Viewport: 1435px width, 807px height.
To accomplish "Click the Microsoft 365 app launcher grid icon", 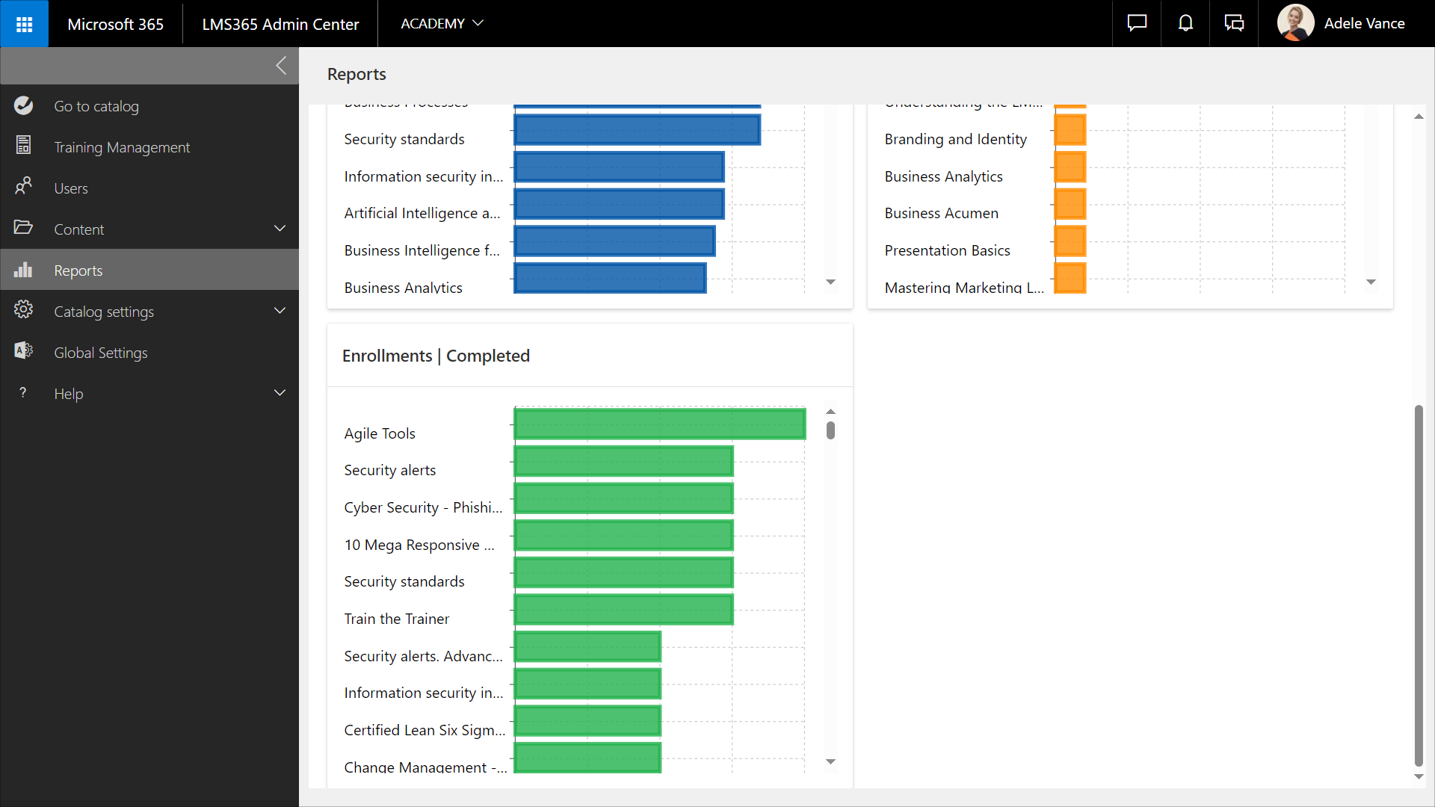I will tap(24, 24).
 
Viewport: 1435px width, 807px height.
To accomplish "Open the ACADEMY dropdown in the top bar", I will tap(442, 24).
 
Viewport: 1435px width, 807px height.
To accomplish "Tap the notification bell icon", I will tap(1185, 24).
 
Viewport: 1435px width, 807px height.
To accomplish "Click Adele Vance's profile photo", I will tap(1295, 23).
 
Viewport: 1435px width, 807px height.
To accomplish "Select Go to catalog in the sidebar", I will tap(96, 106).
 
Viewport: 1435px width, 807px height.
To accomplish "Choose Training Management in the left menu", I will tap(122, 147).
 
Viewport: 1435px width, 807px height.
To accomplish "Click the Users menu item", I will tap(71, 188).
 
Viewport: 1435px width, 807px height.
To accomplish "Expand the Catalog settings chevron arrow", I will tap(280, 311).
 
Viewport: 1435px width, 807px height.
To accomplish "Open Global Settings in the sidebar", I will tap(101, 353).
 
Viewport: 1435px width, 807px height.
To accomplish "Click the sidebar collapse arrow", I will tap(281, 66).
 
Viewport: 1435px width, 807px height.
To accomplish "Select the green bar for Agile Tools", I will tap(659, 424).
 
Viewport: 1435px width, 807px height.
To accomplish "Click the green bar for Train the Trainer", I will tap(623, 610).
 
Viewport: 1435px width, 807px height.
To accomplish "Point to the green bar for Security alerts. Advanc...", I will tap(587, 647).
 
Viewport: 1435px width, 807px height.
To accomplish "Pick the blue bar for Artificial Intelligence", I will tap(619, 205).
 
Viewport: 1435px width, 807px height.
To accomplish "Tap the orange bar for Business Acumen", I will tap(1070, 205).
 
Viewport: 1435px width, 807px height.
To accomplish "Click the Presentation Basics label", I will tap(947, 250).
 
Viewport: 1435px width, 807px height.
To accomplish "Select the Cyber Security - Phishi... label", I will tap(423, 507).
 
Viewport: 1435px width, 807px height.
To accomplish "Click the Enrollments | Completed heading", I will tap(436, 356).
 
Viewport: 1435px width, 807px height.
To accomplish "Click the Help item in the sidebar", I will tap(69, 394).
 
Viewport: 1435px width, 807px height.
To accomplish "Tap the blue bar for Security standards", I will tap(637, 130).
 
